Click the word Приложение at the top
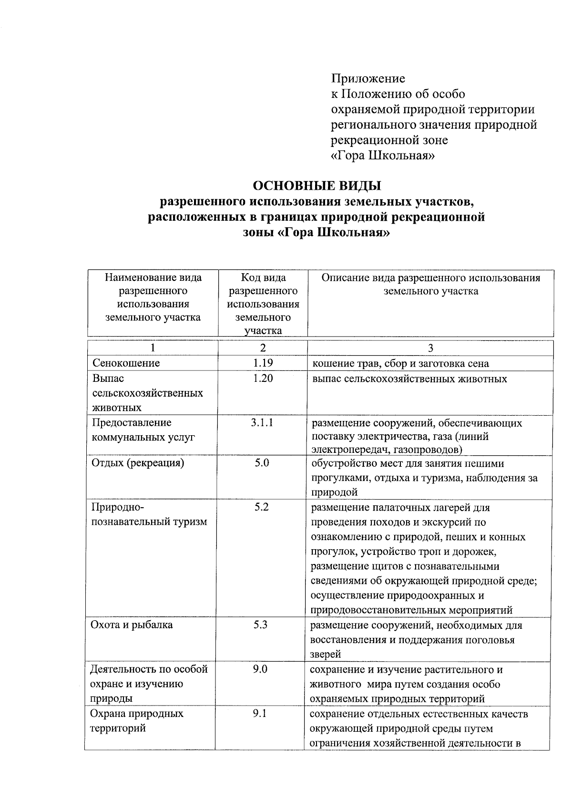pyautogui.click(x=368, y=78)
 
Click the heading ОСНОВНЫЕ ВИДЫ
pyautogui.click(x=317, y=185)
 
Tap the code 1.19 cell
pyautogui.click(x=263, y=363)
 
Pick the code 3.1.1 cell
pyautogui.click(x=262, y=422)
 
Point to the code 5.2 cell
pyautogui.click(x=261, y=507)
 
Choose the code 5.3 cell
pyautogui.click(x=261, y=625)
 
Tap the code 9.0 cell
pyautogui.click(x=260, y=669)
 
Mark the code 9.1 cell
pyautogui.click(x=260, y=713)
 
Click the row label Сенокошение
pyautogui.click(x=126, y=363)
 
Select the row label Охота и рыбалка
pyautogui.click(x=132, y=625)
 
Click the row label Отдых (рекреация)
pyautogui.click(x=138, y=463)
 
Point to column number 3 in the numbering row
pyautogui.click(x=430, y=348)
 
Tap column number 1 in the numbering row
pyautogui.click(x=153, y=348)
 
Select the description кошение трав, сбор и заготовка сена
pyautogui.click(x=400, y=364)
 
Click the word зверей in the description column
pyautogui.click(x=326, y=655)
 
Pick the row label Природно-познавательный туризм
pyautogui.click(x=149, y=514)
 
